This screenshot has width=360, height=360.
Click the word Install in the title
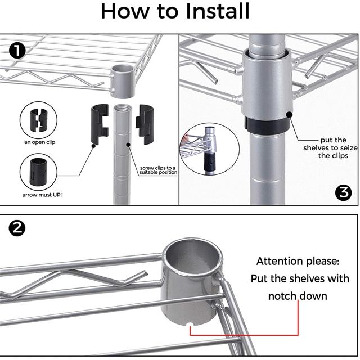tap(217, 11)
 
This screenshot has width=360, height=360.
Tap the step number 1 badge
tap(17, 51)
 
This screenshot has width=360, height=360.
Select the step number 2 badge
tap(17, 228)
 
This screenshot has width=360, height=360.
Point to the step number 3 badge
tap(343, 193)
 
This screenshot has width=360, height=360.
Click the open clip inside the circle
tap(38, 120)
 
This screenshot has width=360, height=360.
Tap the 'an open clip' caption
tap(39, 142)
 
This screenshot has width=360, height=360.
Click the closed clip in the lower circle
tap(38, 172)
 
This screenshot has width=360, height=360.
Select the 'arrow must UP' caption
tap(43, 195)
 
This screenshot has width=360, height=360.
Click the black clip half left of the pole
tap(100, 124)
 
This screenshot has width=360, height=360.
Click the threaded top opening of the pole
tap(121, 107)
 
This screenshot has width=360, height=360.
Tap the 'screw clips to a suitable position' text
tap(158, 170)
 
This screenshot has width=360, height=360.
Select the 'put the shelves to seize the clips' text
tap(330, 148)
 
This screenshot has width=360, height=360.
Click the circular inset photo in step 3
tap(210, 149)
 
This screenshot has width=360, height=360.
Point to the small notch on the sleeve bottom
tap(190, 324)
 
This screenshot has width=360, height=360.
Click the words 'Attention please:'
tap(298, 261)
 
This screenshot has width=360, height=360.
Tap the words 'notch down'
tap(298, 296)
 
